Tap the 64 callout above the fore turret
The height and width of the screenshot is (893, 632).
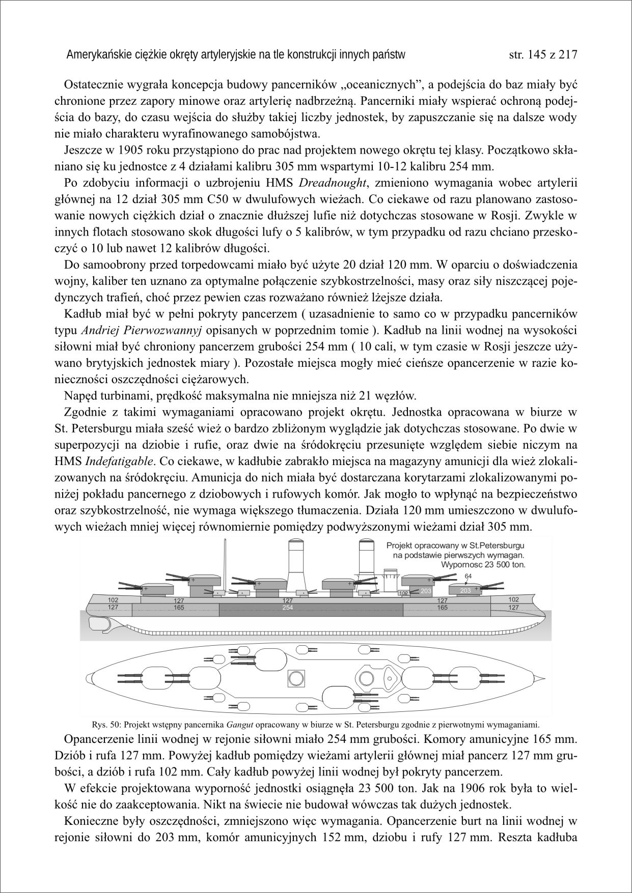469,575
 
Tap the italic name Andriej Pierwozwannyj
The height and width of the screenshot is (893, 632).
142,331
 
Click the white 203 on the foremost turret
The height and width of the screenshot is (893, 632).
465,591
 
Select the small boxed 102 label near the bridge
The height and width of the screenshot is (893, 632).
403,593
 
